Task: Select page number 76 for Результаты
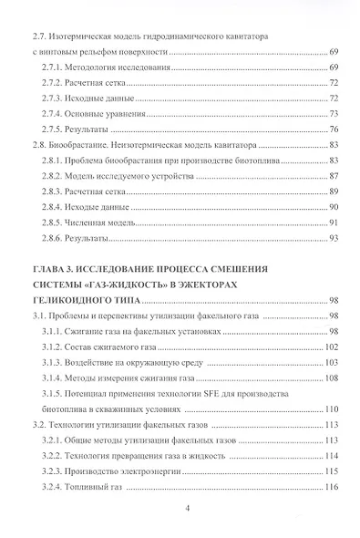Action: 334,129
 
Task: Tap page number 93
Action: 334,238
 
